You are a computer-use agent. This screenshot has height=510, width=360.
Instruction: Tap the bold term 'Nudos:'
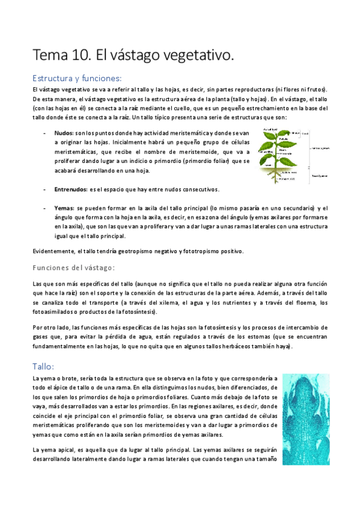point(64,132)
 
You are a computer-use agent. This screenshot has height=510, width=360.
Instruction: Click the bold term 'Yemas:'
point(64,207)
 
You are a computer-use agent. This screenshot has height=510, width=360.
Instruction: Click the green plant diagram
point(282,155)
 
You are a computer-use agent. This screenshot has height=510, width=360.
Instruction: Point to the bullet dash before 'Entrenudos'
point(46,189)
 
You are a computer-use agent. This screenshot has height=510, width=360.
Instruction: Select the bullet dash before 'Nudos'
point(46,132)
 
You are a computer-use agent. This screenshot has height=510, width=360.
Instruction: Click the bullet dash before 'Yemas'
point(46,207)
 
